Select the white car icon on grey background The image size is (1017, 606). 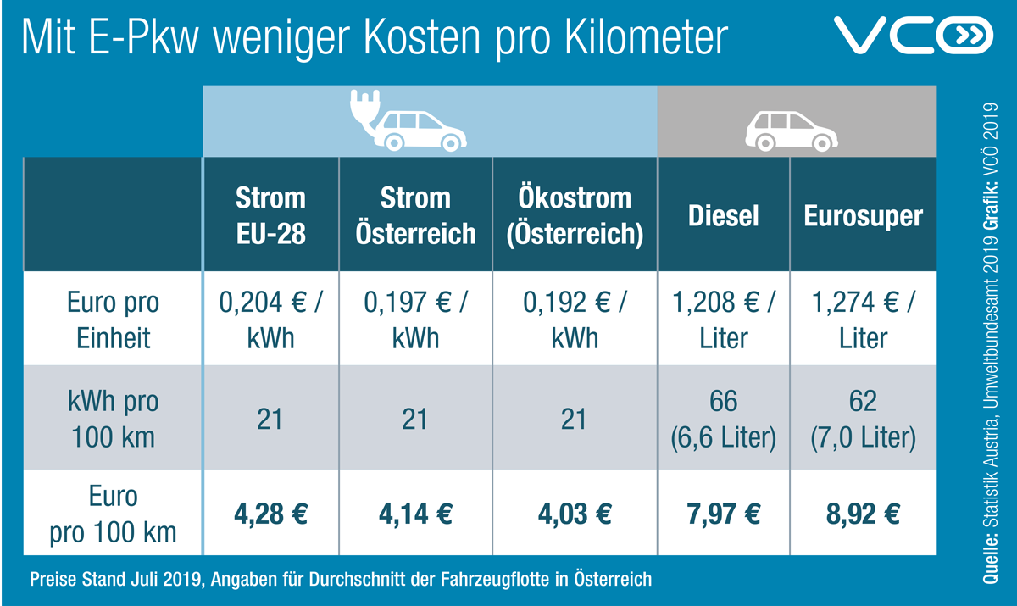[x=787, y=128]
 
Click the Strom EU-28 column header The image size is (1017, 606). [x=270, y=215]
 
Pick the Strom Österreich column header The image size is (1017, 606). [x=415, y=215]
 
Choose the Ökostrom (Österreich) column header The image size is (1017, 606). [x=575, y=215]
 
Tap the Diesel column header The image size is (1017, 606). [x=724, y=215]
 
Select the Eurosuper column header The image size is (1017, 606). [x=863, y=215]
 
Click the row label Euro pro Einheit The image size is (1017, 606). [x=113, y=320]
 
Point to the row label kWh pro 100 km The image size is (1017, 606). [x=113, y=419]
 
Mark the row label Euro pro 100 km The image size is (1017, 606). [x=113, y=514]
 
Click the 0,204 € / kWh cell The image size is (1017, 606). [x=270, y=320]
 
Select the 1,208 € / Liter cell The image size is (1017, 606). [x=724, y=320]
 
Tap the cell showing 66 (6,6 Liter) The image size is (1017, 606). [x=724, y=419]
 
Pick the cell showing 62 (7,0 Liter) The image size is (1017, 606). [x=863, y=419]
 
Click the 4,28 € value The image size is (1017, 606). [x=270, y=514]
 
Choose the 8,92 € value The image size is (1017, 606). [x=863, y=514]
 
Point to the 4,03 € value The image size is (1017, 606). [x=575, y=514]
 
